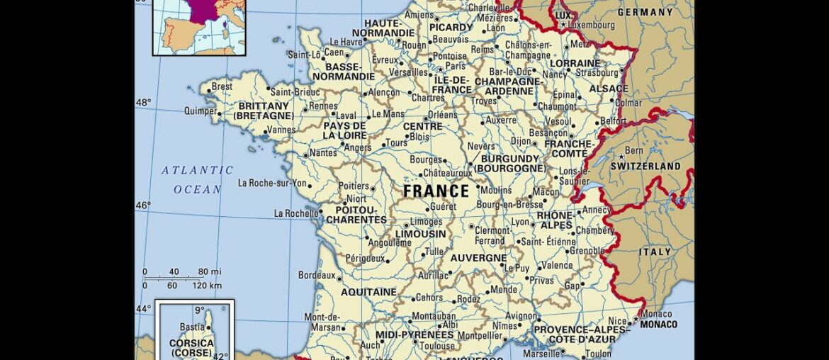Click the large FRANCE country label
[x=436, y=191]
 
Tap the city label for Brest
[x=222, y=86]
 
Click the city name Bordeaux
[x=316, y=274]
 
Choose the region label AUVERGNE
[x=478, y=258]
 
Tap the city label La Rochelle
[x=295, y=213]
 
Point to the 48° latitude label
[x=143, y=103]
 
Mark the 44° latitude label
[x=143, y=308]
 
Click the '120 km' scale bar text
[x=206, y=286]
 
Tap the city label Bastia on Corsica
[x=192, y=327]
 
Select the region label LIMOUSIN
[x=420, y=234]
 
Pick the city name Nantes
[x=323, y=153]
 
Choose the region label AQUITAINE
[x=368, y=292]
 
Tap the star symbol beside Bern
[x=621, y=157]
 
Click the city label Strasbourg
[x=597, y=72]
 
